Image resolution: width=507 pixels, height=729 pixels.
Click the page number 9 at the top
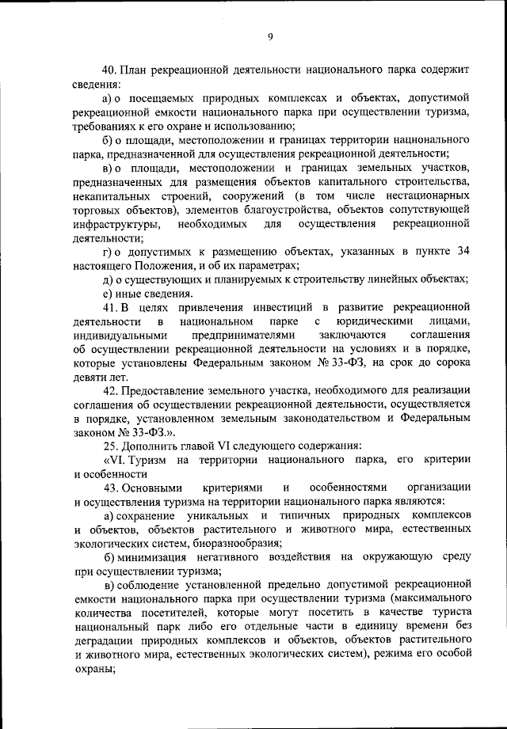coord(269,36)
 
